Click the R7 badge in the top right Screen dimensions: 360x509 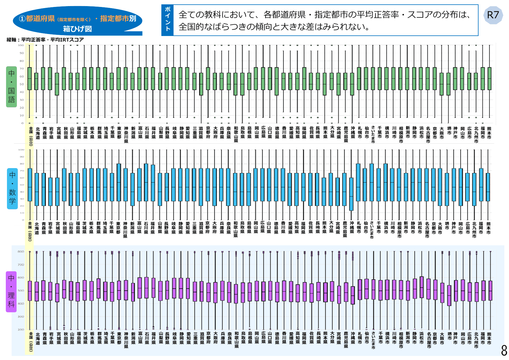(493, 15)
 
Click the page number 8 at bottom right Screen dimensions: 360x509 (504, 350)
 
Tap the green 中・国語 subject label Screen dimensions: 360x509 (11, 87)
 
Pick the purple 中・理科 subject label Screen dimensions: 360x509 (11, 291)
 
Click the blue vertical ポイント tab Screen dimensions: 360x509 (167, 20)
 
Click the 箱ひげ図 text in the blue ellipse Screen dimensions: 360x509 (77, 29)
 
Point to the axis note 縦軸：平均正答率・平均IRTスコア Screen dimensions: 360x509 (45, 39)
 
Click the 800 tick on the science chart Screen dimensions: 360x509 (21, 252)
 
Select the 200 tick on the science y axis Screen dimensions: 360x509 (21, 330)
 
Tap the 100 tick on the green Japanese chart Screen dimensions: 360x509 (21, 45)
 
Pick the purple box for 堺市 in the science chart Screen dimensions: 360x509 (449, 295)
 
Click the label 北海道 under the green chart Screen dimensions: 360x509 (38, 133)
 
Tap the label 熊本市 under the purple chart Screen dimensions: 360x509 (489, 338)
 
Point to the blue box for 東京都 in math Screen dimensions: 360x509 (118, 182)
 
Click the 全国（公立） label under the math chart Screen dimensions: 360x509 (30, 231)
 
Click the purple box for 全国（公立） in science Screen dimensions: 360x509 (30, 291)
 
